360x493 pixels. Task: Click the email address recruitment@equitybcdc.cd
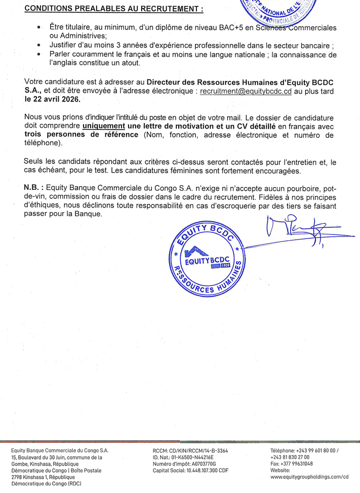point(246,92)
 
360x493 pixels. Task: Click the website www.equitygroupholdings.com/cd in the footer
point(310,476)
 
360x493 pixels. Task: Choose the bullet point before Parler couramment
point(39,54)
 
